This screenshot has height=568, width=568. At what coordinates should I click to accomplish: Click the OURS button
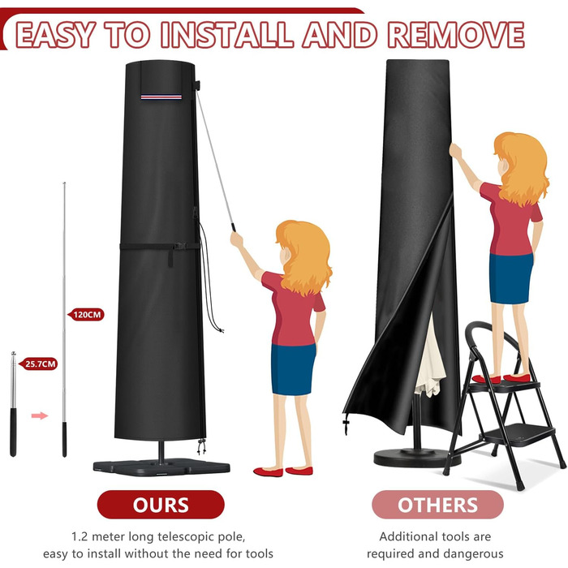pos(161,505)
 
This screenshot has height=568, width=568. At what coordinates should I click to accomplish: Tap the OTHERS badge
pos(437,505)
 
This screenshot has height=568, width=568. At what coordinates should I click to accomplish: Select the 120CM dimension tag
pos(86,315)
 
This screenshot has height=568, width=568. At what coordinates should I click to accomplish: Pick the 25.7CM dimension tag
pos(39,364)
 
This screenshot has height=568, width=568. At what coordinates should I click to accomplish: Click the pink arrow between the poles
pos(40,415)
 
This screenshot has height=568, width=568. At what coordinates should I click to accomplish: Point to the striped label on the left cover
pos(161,97)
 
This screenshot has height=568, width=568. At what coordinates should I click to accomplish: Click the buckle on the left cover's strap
pos(180,246)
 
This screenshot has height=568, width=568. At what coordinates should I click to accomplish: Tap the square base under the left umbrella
pos(161,467)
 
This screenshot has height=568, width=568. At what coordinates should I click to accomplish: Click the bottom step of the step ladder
pos(518,432)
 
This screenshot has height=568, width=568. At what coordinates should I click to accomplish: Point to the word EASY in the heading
pos(56,35)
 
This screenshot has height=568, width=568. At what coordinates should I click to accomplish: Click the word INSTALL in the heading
pos(227,35)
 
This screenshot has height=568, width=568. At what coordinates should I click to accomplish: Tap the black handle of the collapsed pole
pos(13,432)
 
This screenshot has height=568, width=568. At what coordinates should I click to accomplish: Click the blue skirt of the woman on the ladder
pos(510,278)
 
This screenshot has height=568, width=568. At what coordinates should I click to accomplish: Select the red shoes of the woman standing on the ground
pos(283,471)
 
